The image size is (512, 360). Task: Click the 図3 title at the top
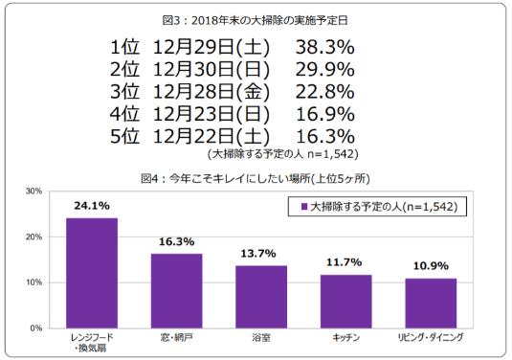(x=256, y=16)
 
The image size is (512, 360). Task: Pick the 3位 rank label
(x=124, y=92)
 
